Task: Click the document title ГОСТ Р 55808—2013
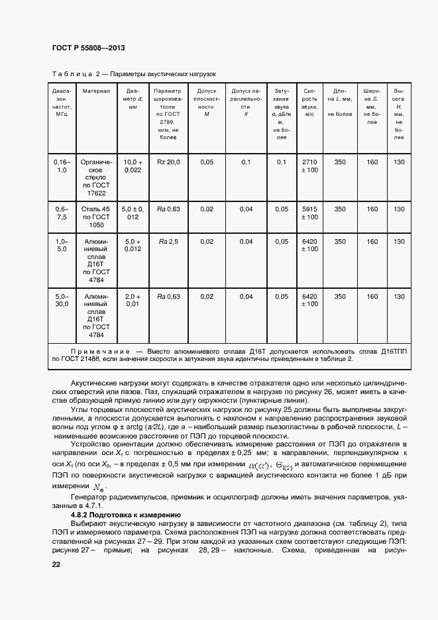87,48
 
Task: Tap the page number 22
56,564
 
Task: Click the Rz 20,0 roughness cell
168,162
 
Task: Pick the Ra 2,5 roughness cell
168,242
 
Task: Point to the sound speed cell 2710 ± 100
309,166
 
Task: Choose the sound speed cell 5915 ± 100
309,213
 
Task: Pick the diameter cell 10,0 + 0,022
133,166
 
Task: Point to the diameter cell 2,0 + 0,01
133,301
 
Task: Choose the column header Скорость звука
309,102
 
